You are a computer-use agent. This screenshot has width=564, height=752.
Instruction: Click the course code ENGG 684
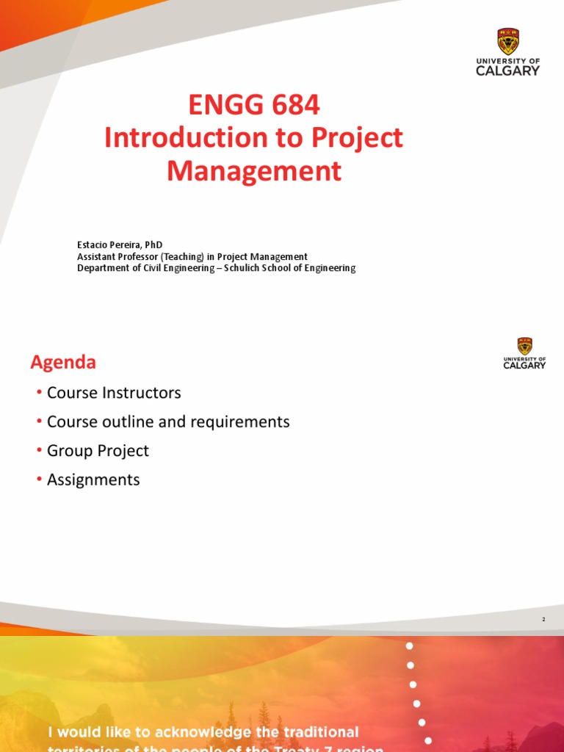coord(254,106)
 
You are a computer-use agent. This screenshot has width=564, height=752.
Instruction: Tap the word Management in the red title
coord(254,171)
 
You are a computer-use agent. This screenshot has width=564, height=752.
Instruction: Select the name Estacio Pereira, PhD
coord(120,245)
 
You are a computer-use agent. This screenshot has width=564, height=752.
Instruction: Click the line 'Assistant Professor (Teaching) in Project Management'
coord(192,256)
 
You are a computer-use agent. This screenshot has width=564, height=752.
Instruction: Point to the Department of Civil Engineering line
coord(216,268)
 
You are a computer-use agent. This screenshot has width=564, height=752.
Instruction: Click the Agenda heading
coord(63,362)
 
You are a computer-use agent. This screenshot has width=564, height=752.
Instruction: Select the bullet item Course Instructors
coord(114,393)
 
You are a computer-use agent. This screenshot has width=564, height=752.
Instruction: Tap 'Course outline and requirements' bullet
coord(168,422)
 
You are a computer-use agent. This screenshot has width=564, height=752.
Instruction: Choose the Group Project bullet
coord(98,451)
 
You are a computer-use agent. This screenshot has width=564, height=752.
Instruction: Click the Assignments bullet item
coord(93,480)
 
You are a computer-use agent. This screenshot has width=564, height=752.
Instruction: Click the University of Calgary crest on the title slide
coord(507,41)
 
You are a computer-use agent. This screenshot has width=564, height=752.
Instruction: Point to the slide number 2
coord(543,620)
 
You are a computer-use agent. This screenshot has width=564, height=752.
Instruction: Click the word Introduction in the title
coord(186,138)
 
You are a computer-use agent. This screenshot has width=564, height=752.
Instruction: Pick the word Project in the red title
coord(358,138)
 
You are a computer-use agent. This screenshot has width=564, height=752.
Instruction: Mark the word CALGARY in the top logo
coord(507,70)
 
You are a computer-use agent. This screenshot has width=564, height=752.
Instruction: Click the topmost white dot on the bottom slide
coord(410,646)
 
